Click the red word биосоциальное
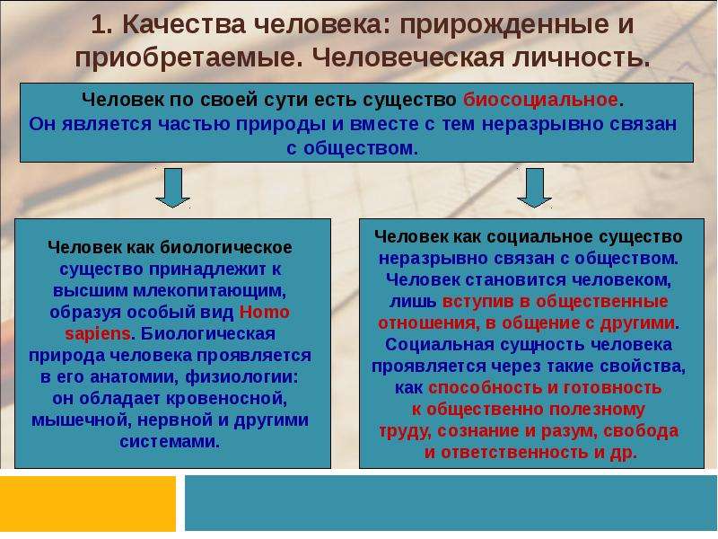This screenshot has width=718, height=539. (x=540, y=100)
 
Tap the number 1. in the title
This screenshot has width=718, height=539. (x=101, y=25)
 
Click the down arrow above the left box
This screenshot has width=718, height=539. (x=172, y=188)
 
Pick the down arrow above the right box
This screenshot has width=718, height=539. (x=534, y=188)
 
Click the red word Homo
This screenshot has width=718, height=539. (x=264, y=312)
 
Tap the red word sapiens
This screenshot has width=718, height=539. (x=98, y=334)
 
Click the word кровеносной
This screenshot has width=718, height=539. (x=226, y=398)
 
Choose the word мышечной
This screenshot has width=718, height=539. (x=82, y=420)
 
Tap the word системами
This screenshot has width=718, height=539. (x=170, y=442)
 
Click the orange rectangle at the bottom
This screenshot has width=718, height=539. (x=88, y=504)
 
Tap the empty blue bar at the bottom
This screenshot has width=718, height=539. (x=451, y=503)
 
